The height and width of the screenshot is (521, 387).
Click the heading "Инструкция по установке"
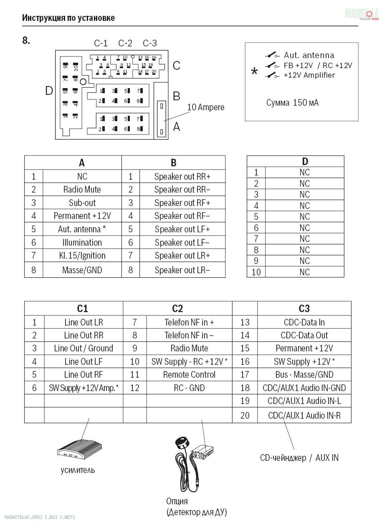(68, 18)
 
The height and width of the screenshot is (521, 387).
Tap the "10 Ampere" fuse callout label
(205, 107)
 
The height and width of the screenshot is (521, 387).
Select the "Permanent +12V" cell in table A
(82, 216)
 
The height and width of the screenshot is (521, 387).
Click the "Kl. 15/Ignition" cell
(82, 255)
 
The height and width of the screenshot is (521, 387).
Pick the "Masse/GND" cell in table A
(82, 270)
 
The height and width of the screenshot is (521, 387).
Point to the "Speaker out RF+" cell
(182, 203)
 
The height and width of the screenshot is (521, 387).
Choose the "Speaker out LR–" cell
(182, 270)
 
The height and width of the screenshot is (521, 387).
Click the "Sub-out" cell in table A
(82, 203)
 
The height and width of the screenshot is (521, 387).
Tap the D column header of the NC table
(305, 162)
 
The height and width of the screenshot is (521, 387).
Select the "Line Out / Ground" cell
(83, 348)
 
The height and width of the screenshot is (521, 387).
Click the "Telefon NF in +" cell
(189, 322)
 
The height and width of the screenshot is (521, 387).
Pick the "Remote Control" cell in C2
(189, 375)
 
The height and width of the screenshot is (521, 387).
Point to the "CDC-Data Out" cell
(304, 335)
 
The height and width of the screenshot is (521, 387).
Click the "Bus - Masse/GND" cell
(304, 375)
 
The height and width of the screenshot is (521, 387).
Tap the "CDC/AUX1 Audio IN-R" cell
(304, 416)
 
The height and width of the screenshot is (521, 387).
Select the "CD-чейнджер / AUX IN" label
(299, 458)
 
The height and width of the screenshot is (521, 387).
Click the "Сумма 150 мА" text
(292, 103)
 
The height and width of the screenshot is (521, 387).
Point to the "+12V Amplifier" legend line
(309, 75)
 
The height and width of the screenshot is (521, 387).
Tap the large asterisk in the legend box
(254, 72)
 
